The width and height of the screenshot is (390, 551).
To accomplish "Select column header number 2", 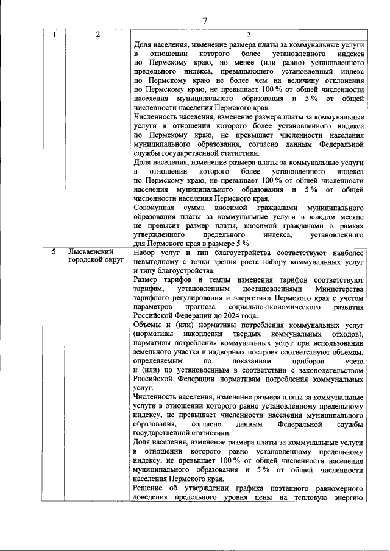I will click(x=98, y=34).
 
